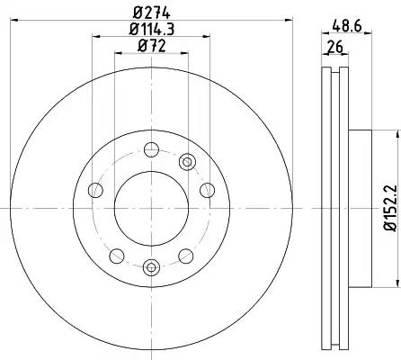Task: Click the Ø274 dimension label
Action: click(151, 13)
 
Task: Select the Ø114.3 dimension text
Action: click(152, 30)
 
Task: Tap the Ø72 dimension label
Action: click(151, 46)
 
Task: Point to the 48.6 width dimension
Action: click(347, 26)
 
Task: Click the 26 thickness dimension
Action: click(334, 47)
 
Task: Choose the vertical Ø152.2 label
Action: click(390, 208)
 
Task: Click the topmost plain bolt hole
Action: click(151, 149)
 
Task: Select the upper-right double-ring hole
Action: click(187, 162)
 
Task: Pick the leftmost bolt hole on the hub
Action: click(95, 190)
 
